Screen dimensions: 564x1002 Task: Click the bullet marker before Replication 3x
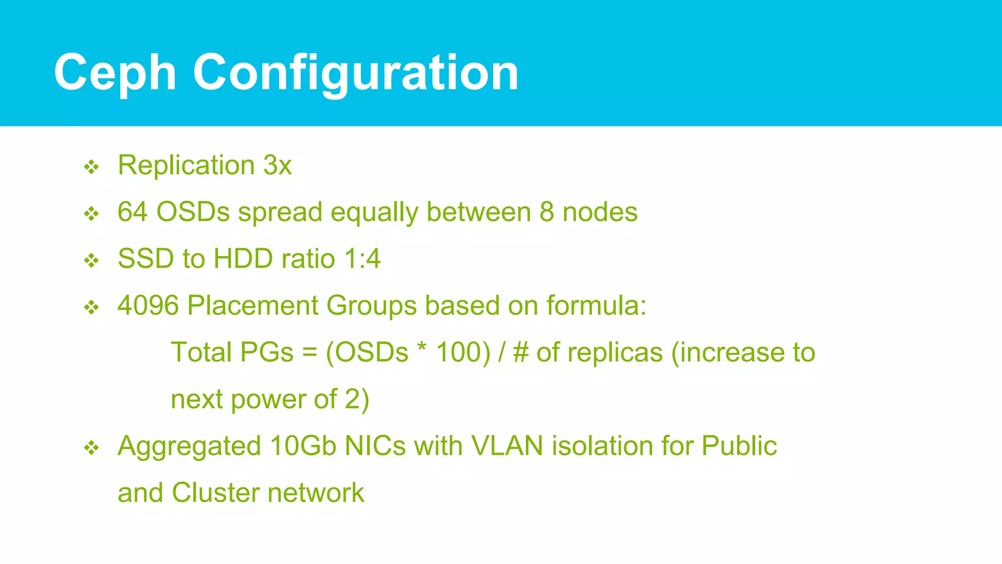(91, 167)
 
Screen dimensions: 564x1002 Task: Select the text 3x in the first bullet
(277, 165)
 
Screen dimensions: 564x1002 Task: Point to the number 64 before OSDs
(133, 212)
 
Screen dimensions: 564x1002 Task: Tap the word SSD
(146, 259)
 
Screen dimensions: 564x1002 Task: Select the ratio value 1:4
(362, 259)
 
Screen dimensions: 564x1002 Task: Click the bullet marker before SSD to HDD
(91, 261)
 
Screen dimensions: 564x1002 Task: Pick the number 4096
(148, 305)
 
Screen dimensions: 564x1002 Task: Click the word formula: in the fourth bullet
(596, 305)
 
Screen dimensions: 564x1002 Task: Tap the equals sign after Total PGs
(309, 353)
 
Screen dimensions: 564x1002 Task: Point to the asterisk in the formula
(422, 349)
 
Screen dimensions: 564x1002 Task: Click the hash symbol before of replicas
(521, 353)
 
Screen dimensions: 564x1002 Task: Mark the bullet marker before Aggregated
(91, 448)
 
